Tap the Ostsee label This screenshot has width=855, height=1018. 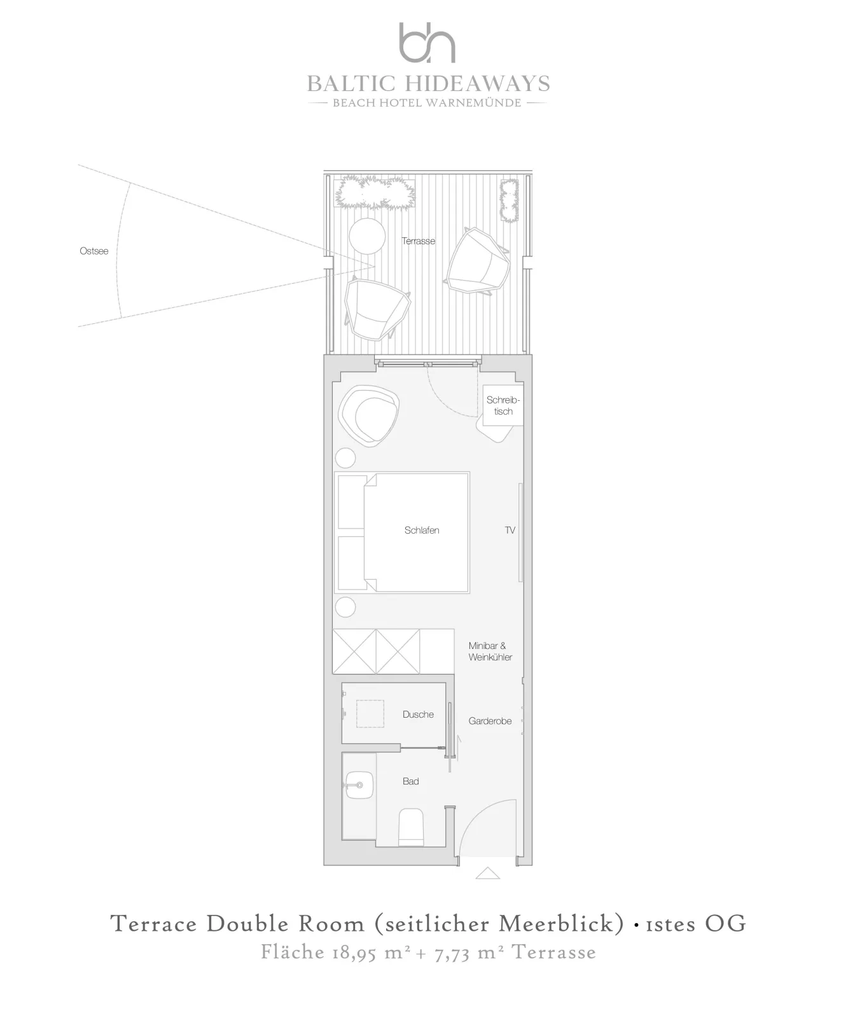(94, 251)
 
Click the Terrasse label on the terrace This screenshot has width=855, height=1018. (419, 241)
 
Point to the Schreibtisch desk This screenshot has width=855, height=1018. (503, 405)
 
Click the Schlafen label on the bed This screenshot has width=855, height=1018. (422, 530)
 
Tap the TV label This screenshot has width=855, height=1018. (510, 530)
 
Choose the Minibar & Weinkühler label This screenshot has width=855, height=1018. (490, 652)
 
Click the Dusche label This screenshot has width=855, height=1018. (418, 715)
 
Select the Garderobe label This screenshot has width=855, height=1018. (490, 721)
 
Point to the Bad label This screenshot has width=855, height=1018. (411, 781)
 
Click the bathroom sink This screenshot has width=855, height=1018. (360, 786)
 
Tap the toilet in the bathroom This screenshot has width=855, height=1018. (411, 827)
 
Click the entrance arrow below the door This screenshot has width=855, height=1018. (487, 873)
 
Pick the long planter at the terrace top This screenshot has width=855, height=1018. (376, 192)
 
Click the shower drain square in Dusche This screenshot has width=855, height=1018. (370, 714)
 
